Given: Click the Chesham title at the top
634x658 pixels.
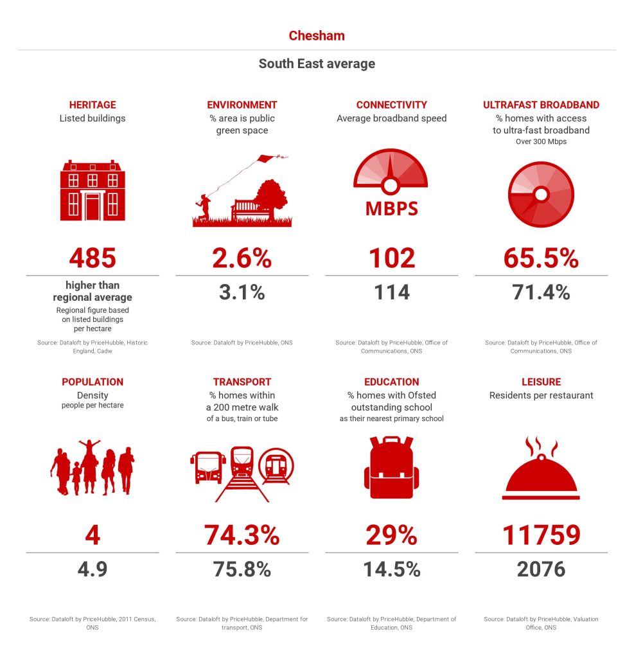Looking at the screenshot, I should pyautogui.click(x=317, y=35).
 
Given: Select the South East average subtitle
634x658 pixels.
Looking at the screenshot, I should pyautogui.click(x=317, y=64).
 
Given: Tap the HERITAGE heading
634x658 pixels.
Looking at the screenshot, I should pyautogui.click(x=92, y=105).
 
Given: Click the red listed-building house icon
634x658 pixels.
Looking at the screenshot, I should pyautogui.click(x=92, y=190).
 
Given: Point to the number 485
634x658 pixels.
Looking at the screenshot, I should pyautogui.click(x=92, y=258).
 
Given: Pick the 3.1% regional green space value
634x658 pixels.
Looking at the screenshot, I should pyautogui.click(x=242, y=292).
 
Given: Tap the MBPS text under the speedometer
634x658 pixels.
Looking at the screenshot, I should pyautogui.click(x=391, y=209).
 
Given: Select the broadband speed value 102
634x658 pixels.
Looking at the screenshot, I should pyautogui.click(x=391, y=258).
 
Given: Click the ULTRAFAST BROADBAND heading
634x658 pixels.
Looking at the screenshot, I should pyautogui.click(x=541, y=105).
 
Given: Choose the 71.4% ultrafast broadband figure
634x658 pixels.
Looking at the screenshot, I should pyautogui.click(x=541, y=292).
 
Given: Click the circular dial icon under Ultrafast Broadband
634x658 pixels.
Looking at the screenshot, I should pyautogui.click(x=541, y=194).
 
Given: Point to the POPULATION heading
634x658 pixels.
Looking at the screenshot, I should pyautogui.click(x=92, y=382).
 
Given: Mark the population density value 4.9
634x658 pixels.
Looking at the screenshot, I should pyautogui.click(x=92, y=569).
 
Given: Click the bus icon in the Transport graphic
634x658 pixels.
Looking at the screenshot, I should pyautogui.click(x=208, y=468).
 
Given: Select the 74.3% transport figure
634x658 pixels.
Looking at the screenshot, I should pyautogui.click(x=242, y=535).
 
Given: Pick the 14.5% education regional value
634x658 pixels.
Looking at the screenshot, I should pyautogui.click(x=391, y=569).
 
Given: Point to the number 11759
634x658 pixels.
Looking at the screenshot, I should pyautogui.click(x=541, y=535).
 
